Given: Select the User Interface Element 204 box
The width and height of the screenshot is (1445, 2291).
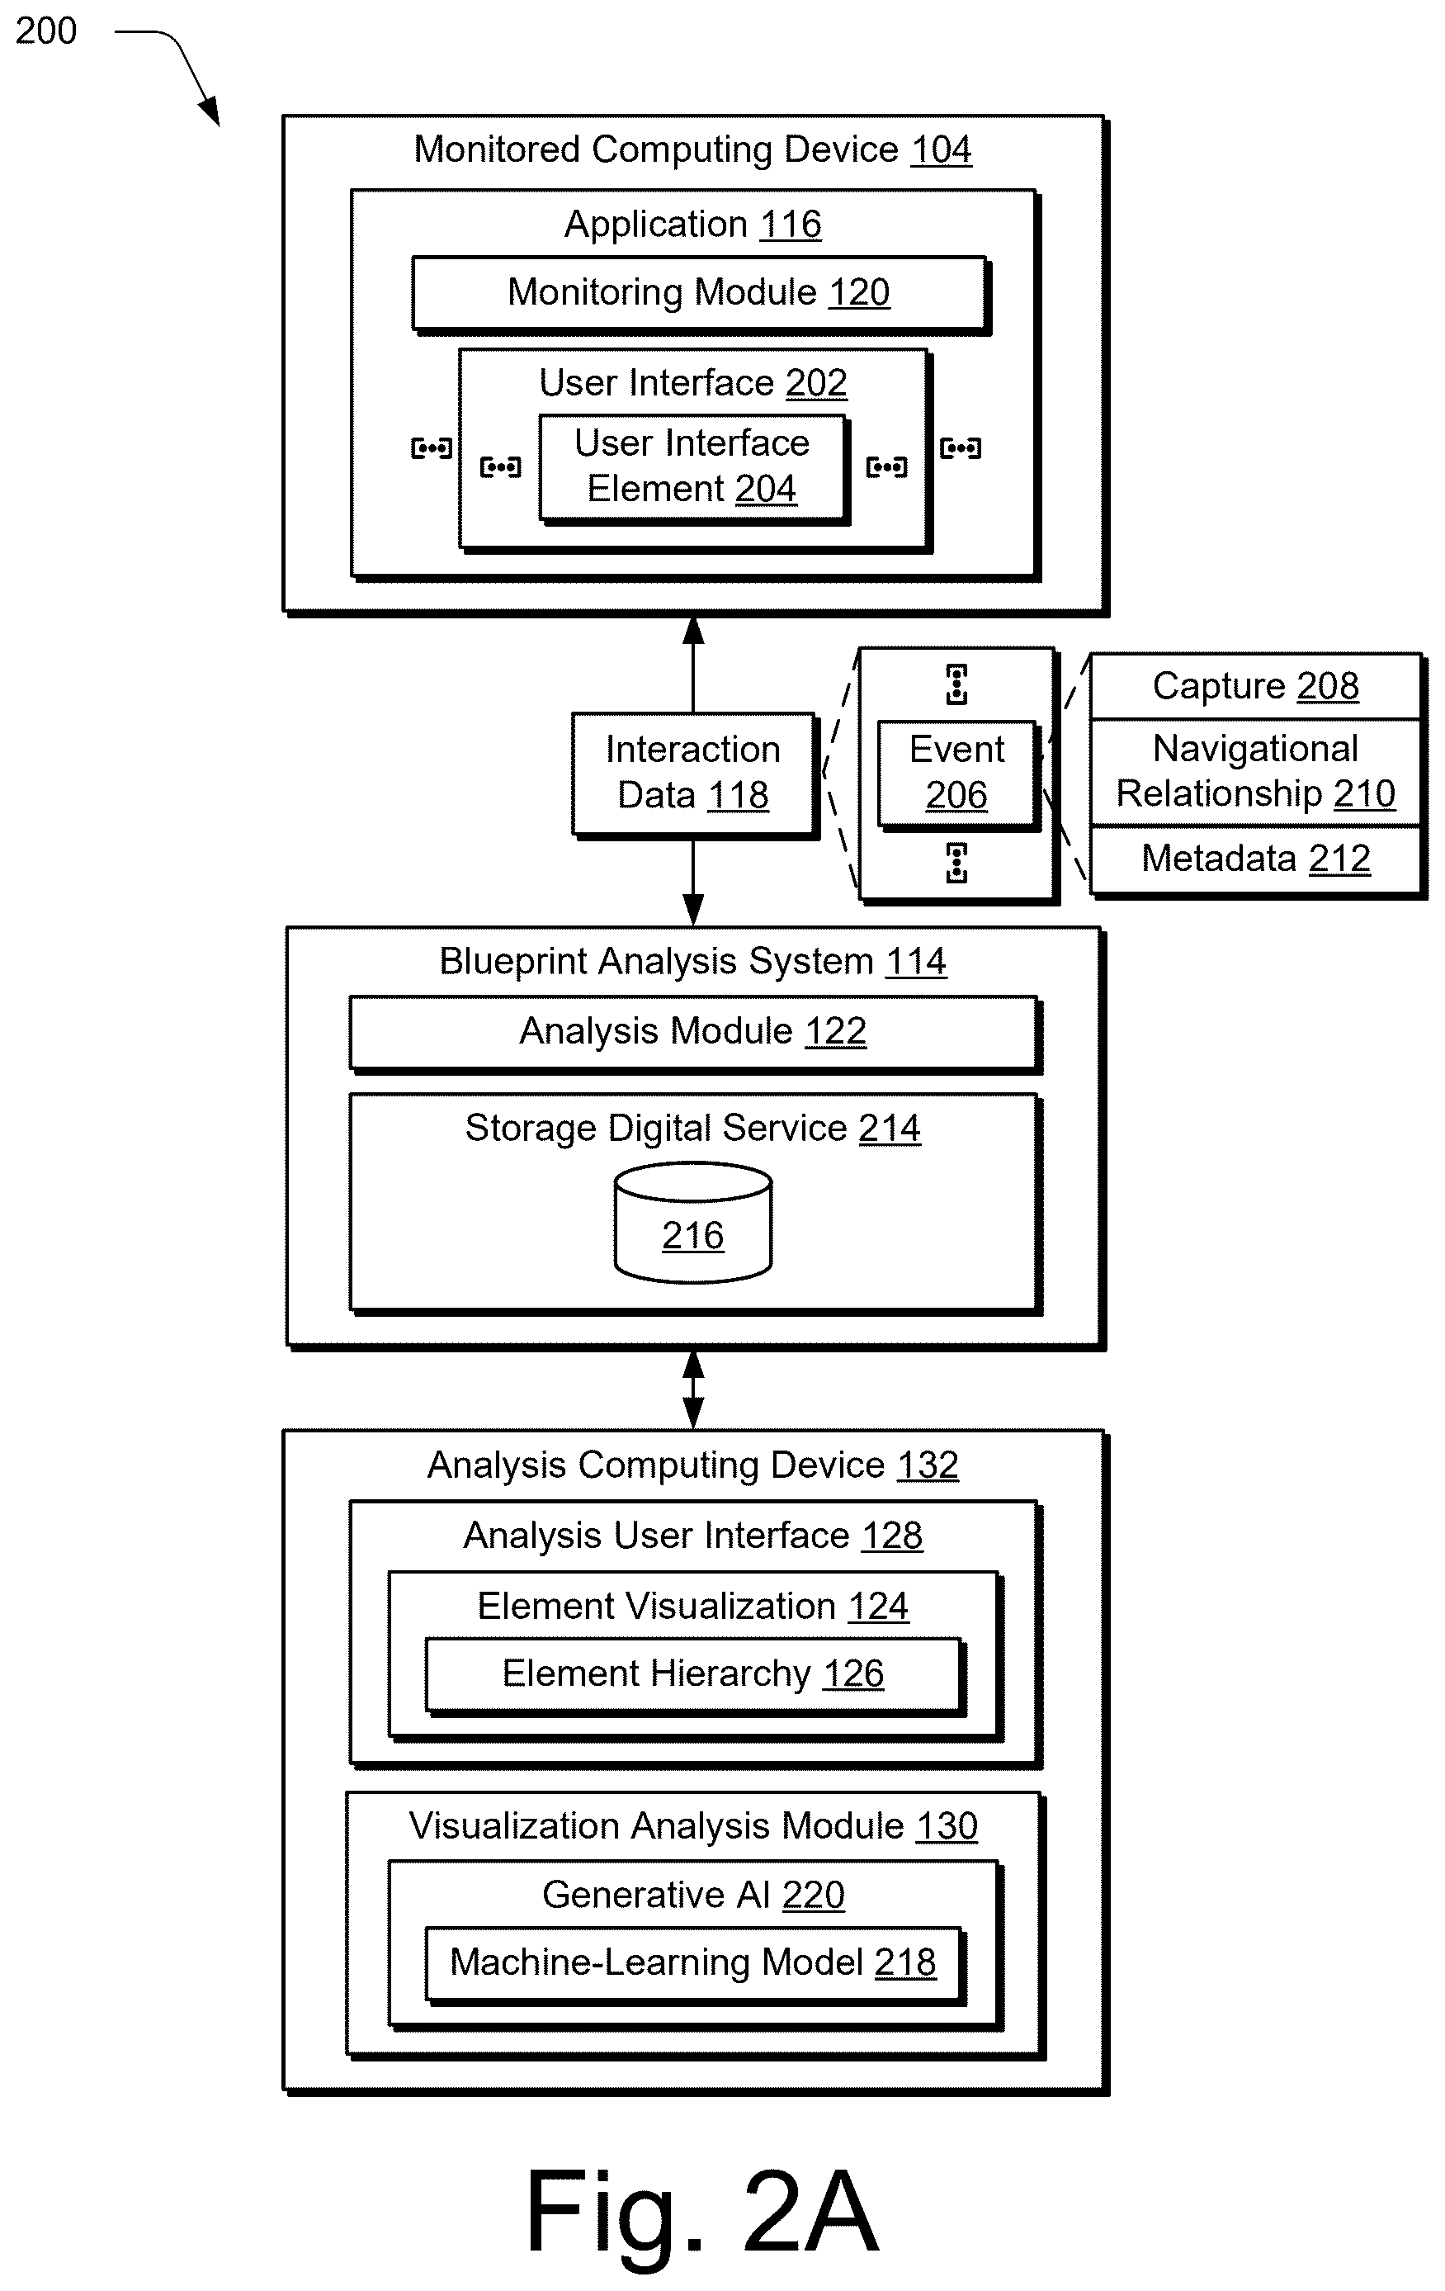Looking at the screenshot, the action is coord(692,468).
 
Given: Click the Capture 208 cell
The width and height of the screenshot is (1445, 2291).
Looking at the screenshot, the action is coord(1256,686).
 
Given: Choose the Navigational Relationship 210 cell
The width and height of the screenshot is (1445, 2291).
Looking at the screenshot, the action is coord(1256,772).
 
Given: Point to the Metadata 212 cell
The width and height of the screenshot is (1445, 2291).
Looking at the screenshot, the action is coord(1256,859).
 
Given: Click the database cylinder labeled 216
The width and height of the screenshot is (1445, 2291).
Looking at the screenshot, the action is coord(693,1222).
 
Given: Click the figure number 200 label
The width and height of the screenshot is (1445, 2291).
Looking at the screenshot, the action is coord(45,31).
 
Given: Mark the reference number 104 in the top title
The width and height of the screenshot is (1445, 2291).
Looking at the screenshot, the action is coord(941,149).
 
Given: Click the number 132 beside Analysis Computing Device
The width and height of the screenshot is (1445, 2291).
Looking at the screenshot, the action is coord(928,1465).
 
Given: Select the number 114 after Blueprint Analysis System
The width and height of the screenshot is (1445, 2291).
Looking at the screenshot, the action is coord(916,961).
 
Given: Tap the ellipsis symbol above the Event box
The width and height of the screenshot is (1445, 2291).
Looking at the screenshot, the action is coord(957,684).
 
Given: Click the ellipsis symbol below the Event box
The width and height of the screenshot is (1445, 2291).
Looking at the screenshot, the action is coord(957,863).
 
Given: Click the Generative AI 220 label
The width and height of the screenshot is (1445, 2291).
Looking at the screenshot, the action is coord(693,1896).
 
